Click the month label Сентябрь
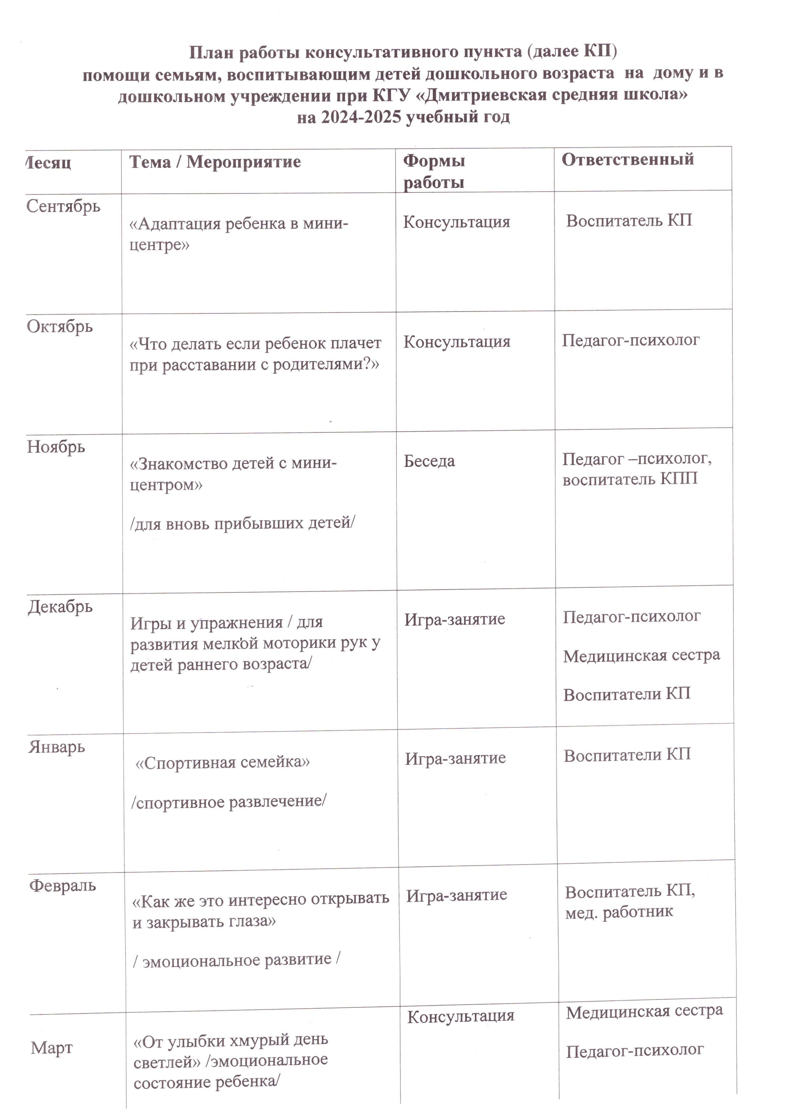pos(63,207)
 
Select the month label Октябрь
pos(60,326)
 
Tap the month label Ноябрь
pos(56,447)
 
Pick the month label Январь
pos(56,747)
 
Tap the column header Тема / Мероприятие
pos(215,162)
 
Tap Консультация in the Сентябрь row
pos(456,222)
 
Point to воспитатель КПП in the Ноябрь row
pos(630,479)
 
